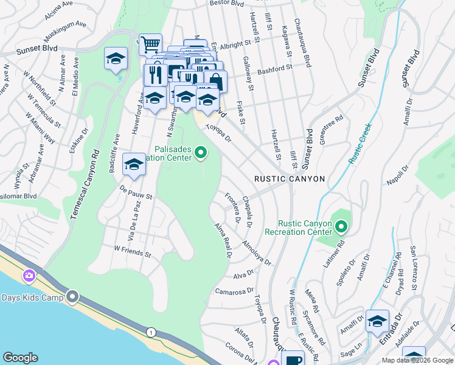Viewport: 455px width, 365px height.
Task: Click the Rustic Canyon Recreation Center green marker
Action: click(x=341, y=228)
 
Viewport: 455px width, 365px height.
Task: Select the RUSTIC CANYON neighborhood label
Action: click(x=290, y=179)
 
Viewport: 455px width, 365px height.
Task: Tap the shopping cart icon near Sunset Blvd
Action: click(x=150, y=44)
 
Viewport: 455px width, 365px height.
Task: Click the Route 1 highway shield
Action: click(x=149, y=332)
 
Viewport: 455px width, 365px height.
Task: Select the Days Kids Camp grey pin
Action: click(x=73, y=297)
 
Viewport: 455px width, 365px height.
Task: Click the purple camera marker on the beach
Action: click(x=29, y=276)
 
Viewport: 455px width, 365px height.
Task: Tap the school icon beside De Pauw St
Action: click(x=134, y=164)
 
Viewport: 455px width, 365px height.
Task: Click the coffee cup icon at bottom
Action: click(x=293, y=359)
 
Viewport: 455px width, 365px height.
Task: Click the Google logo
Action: click(x=21, y=358)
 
